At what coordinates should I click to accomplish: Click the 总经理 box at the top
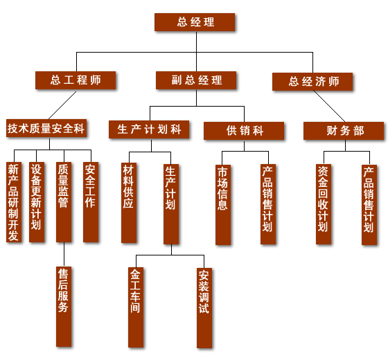pyautogui.click(x=195, y=22)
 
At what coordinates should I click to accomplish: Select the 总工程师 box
pyautogui.click(x=76, y=80)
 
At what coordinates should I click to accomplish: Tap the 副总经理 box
pyautogui.click(x=196, y=80)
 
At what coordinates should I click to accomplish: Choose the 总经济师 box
pyautogui.click(x=312, y=82)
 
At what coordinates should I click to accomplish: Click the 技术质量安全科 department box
pyautogui.click(x=46, y=128)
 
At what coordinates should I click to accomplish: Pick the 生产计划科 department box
pyautogui.click(x=149, y=129)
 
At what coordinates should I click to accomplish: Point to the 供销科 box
pyautogui.click(x=244, y=131)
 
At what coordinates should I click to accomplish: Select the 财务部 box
pyautogui.click(x=344, y=131)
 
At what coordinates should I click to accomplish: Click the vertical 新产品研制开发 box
pyautogui.click(x=14, y=202)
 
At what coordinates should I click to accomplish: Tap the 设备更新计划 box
pyautogui.click(x=37, y=202)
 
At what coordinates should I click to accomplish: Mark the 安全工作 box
pyautogui.click(x=91, y=202)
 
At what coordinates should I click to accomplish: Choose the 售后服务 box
pyautogui.click(x=64, y=307)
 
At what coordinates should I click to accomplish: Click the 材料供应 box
pyautogui.click(x=129, y=203)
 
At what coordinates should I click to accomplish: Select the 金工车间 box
pyautogui.click(x=136, y=307)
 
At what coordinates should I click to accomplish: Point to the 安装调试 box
pyautogui.click(x=204, y=308)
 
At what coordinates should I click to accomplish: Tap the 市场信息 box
pyautogui.click(x=223, y=205)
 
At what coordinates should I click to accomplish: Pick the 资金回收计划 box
pyautogui.click(x=324, y=204)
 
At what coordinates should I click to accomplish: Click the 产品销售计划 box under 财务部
pyautogui.click(x=369, y=205)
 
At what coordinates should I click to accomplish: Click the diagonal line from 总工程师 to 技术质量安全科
pyautogui.click(x=62, y=105)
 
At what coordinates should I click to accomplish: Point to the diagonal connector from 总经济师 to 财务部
pyautogui.click(x=329, y=106)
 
